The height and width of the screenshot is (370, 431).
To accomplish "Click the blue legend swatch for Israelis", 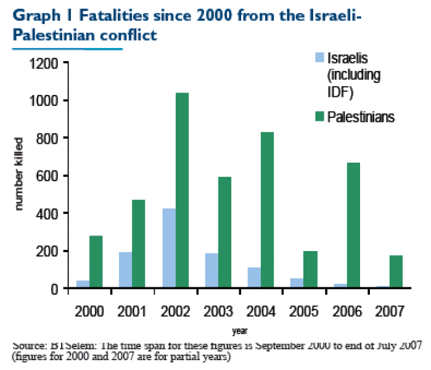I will [319, 57].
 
